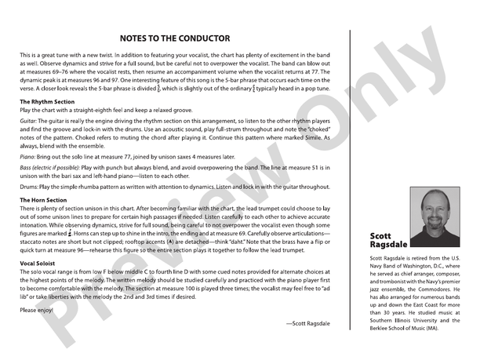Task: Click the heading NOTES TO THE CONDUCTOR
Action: tap(175, 38)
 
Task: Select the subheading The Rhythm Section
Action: tap(47, 102)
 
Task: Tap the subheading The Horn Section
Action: tap(44, 201)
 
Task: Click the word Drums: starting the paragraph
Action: tap(30, 187)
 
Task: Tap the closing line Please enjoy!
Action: tap(37, 310)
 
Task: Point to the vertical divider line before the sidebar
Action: tap(349, 180)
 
